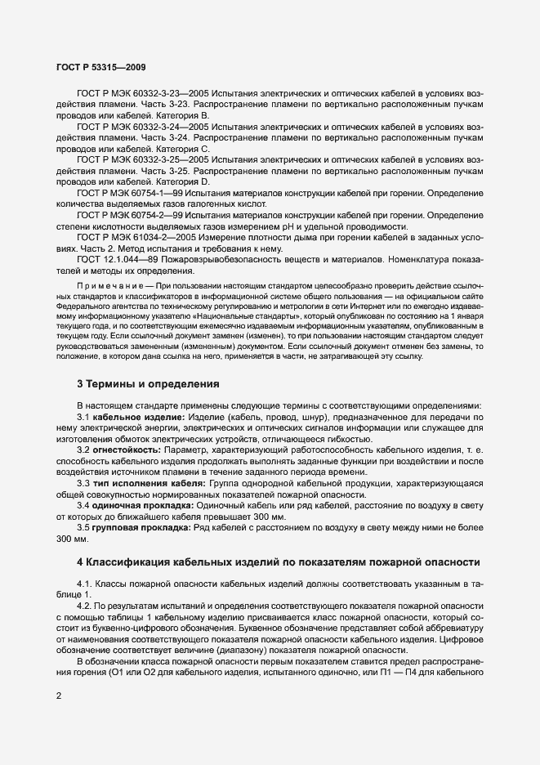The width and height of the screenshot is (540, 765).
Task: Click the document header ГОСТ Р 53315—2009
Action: click(100, 66)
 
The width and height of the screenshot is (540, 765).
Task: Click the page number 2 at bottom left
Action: click(57, 696)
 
